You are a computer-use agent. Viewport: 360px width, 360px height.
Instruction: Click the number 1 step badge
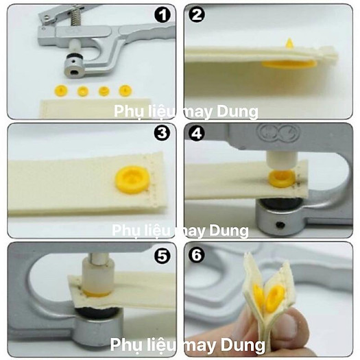point(163,14)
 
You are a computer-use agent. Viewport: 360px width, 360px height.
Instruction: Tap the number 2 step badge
point(197,14)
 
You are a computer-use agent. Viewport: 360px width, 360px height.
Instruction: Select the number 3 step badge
point(163,133)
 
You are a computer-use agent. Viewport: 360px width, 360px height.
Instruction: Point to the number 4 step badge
point(197,133)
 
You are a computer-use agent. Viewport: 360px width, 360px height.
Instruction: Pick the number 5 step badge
point(163,255)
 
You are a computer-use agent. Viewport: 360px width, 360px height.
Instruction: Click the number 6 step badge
point(197,254)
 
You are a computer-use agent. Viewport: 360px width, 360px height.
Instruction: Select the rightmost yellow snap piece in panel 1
point(125,91)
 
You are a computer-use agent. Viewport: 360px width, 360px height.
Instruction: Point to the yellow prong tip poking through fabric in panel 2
point(289,44)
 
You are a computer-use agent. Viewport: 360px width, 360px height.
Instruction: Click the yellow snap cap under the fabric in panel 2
point(289,64)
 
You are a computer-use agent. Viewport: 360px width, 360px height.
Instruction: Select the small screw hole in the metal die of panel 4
point(280,225)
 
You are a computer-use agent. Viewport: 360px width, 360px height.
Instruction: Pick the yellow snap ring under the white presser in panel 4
point(283,178)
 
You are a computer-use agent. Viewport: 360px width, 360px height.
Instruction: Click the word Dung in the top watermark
point(237,111)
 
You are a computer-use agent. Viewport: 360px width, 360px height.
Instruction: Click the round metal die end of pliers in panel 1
point(73,68)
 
